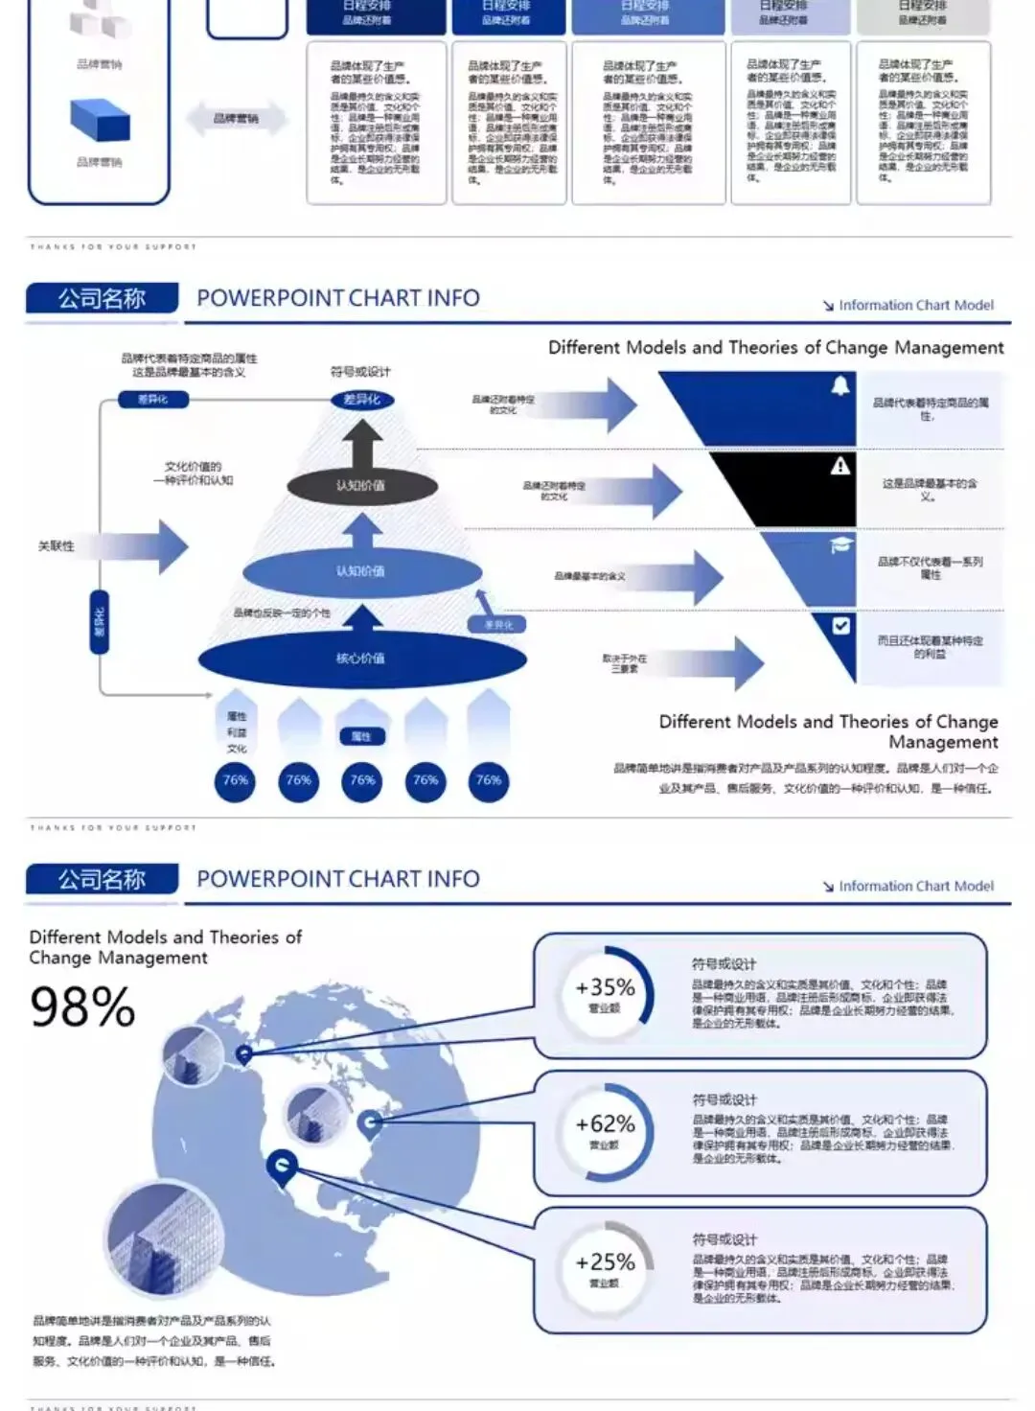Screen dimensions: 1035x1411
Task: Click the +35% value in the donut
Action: point(605,987)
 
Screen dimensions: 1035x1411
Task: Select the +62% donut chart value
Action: point(605,1123)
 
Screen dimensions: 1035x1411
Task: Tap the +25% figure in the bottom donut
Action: point(605,1261)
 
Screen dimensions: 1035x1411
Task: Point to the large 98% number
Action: point(82,1006)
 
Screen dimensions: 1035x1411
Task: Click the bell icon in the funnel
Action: point(839,386)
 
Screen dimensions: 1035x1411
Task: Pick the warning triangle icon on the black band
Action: point(839,466)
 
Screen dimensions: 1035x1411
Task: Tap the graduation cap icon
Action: point(839,544)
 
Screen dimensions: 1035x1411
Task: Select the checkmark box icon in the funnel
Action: point(840,626)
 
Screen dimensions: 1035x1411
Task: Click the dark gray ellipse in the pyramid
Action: point(360,486)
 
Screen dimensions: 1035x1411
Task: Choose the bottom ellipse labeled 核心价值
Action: point(361,659)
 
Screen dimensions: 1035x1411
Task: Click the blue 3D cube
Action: point(100,120)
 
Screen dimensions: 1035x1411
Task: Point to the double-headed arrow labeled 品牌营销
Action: point(236,119)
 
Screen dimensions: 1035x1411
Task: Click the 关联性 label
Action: point(56,545)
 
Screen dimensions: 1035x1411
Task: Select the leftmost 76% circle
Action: point(236,781)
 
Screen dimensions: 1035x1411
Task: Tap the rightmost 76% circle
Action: point(489,781)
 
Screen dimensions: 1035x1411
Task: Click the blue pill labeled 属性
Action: point(361,736)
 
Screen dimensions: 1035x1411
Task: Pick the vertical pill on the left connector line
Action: point(99,622)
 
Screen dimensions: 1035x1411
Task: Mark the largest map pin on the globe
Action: point(282,1167)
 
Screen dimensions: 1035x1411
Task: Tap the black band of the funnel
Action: point(786,489)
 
